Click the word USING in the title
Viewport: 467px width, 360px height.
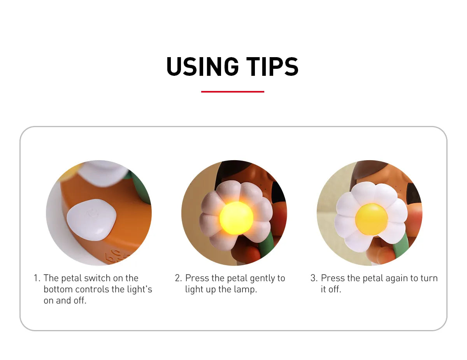202,66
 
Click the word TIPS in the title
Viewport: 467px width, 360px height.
272,66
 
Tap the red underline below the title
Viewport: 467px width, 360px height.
233,92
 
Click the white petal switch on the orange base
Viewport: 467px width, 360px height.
91,220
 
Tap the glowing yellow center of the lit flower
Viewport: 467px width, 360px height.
236,218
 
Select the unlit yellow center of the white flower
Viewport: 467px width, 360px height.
371,219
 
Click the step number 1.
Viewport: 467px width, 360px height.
37,278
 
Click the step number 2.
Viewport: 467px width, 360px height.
178,278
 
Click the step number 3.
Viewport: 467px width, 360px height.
314,278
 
